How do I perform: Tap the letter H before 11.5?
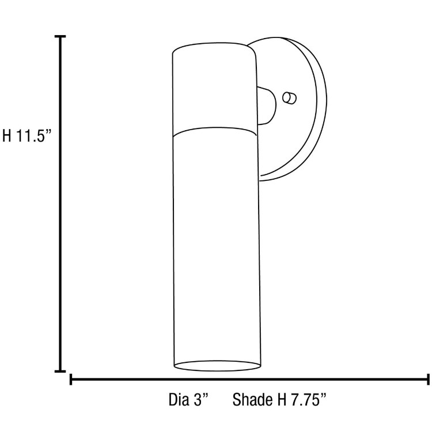click(7, 137)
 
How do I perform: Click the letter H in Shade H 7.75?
click(280, 400)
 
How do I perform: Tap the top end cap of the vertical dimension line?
click(60, 37)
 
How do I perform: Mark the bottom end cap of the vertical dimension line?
click(60, 371)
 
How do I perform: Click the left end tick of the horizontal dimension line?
click(71, 379)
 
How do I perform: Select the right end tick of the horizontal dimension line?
click(427, 379)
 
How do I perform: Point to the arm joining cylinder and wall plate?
click(266, 105)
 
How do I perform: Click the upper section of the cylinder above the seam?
click(215, 92)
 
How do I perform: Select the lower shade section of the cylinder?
click(215, 248)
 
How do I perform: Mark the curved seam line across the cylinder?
click(215, 130)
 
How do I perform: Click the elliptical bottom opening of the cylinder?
click(215, 366)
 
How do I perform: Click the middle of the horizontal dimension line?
click(249, 380)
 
